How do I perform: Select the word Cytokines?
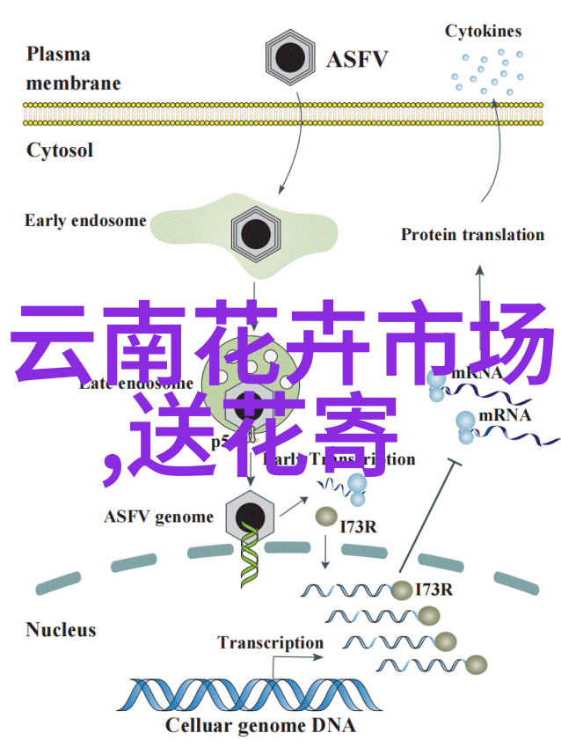[483, 32]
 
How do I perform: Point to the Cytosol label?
[59, 150]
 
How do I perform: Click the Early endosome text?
[85, 220]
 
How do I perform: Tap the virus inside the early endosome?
[256, 233]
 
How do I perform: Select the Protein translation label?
[472, 234]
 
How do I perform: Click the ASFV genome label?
[158, 517]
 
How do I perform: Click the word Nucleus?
[61, 629]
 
